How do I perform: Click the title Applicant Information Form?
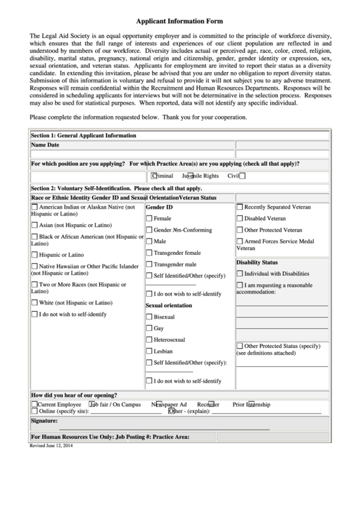[179, 22]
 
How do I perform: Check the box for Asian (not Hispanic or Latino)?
[35, 225]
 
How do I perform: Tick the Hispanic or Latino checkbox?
[35, 255]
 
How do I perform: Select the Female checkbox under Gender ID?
[149, 219]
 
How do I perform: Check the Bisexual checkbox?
[149, 317]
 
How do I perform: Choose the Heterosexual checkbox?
[149, 339]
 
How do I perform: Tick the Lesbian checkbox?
[149, 351]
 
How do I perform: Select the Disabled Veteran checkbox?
[240, 218]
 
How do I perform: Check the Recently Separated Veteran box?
[240, 207]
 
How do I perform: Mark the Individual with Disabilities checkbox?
[240, 273]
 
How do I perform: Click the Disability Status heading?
[257, 262]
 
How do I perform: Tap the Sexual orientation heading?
[169, 305]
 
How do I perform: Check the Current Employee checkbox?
[35, 404]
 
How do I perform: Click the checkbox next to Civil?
[242, 175]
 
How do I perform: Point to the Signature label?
[44, 421]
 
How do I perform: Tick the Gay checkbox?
[149, 328]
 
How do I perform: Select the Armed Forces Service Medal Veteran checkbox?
[240, 241]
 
